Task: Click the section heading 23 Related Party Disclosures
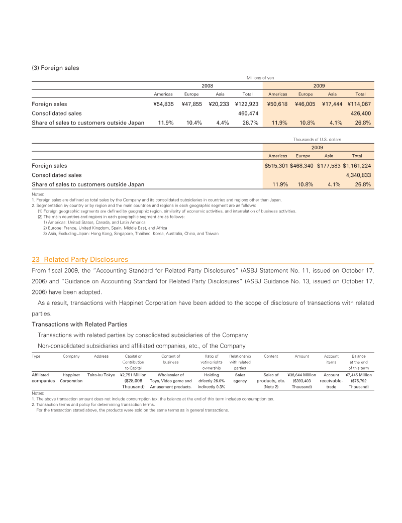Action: pyautogui.click(x=80, y=260)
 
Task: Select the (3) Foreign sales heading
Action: pyautogui.click(x=55, y=68)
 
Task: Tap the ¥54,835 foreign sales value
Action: pyautogui.click(x=163, y=104)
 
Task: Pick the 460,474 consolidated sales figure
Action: pyautogui.click(x=248, y=114)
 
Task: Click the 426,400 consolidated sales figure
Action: pyautogui.click(x=360, y=114)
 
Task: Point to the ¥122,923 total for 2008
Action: pyautogui.click(x=246, y=104)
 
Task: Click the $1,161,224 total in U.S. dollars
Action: pyautogui.click(x=357, y=166)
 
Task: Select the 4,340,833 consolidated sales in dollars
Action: pyautogui.click(x=357, y=175)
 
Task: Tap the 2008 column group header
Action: pyautogui.click(x=207, y=86)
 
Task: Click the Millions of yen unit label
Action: pyautogui.click(x=260, y=77)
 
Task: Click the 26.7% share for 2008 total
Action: pyautogui.click(x=250, y=123)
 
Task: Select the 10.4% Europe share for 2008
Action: pyautogui.click(x=194, y=123)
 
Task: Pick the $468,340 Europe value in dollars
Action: pyautogui.click(x=303, y=166)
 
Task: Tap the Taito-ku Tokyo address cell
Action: pyautogui.click(x=102, y=375)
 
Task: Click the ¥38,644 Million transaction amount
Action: pyautogui.click(x=301, y=375)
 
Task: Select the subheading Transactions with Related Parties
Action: pyautogui.click(x=79, y=324)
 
